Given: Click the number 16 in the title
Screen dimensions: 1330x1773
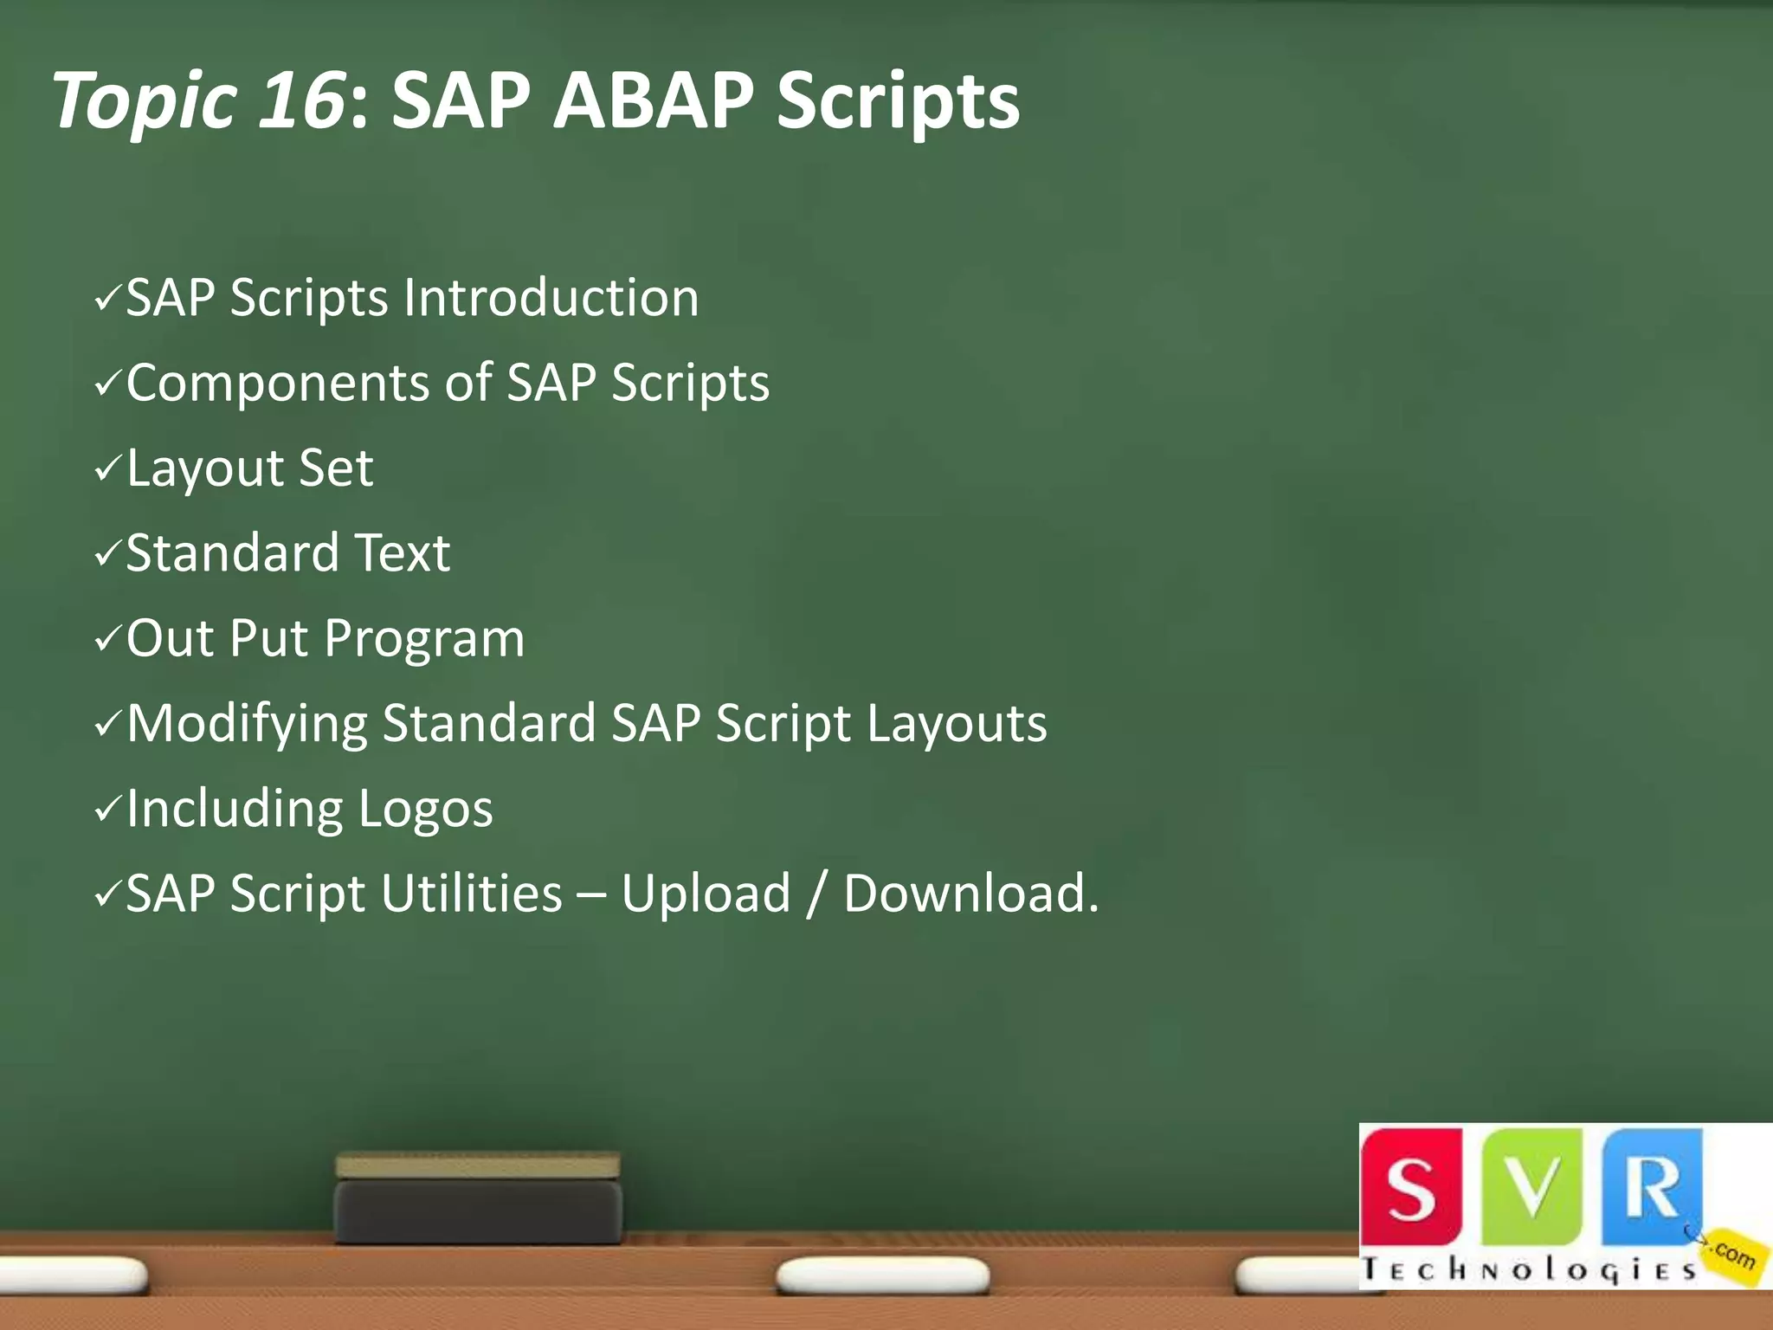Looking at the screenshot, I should tap(301, 100).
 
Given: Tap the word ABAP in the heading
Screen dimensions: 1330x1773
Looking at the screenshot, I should tap(654, 100).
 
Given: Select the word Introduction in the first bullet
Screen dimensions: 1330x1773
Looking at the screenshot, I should tap(551, 298).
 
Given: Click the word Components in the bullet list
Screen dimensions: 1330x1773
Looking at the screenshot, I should tap(277, 383).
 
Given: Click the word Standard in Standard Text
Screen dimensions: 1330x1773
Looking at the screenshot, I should tap(232, 553).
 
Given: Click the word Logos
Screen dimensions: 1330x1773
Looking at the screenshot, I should tap(425, 809).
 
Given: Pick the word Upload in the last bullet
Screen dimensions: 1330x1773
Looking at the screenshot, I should tap(706, 894).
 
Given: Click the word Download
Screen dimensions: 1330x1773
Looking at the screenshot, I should tap(970, 894).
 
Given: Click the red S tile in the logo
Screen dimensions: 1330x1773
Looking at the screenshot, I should tap(1411, 1186).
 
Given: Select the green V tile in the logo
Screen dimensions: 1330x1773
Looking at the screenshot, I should tap(1532, 1186).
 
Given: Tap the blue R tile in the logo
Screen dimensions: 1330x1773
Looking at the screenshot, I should tap(1652, 1186).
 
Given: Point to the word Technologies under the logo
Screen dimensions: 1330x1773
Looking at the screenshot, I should tap(1528, 1270).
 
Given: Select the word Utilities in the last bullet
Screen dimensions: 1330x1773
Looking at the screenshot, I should tap(471, 894).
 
